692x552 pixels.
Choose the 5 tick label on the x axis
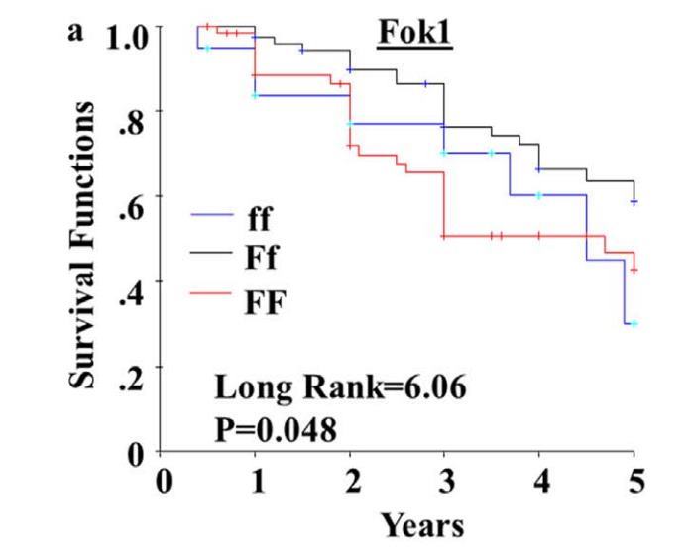634,482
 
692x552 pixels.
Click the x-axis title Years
422,522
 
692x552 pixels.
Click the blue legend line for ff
211,215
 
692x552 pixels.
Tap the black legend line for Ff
211,255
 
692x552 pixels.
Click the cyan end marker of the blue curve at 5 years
634,323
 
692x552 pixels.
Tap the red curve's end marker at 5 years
634,270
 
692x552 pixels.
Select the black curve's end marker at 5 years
634,202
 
